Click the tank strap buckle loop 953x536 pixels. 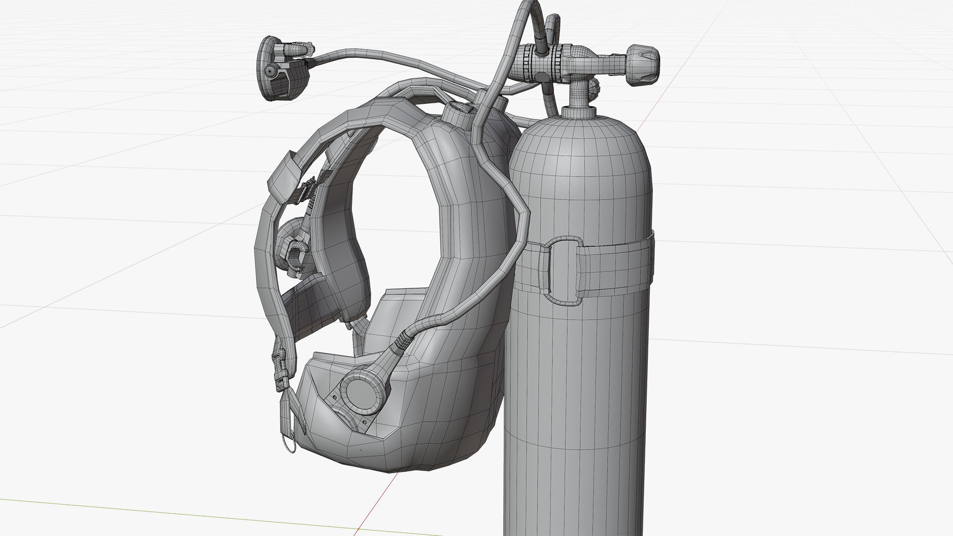[x=563, y=270]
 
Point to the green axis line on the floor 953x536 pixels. [x=149, y=511]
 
